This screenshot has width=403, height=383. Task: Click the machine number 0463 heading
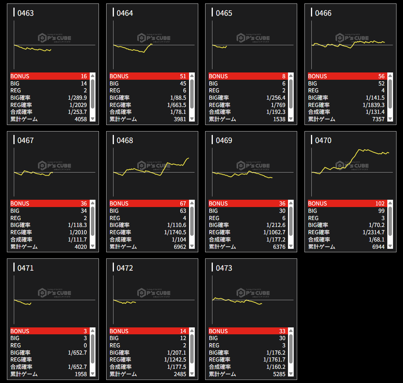coord(26,13)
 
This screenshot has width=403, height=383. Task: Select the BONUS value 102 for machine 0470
coord(380,204)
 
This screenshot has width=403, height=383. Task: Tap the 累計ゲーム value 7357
coord(377,119)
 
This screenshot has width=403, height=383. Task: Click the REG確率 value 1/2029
coord(78,105)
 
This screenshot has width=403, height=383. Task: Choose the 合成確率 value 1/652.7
coord(77,367)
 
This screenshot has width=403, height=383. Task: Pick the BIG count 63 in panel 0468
coord(183,211)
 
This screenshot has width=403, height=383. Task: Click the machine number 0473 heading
coord(224,268)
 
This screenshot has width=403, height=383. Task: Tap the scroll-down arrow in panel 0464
coord(192,119)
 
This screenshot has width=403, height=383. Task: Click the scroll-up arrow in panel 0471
coord(92,331)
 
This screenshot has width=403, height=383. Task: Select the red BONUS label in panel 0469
coord(218,204)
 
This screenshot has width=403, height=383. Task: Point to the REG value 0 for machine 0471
coord(85,345)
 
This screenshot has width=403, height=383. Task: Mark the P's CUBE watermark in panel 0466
coord(352,38)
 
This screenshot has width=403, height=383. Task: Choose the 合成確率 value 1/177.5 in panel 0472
coord(176,367)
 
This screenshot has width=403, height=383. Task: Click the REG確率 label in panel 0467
coord(21,232)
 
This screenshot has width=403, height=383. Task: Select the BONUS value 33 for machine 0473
coord(282,331)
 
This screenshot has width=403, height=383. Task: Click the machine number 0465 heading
coord(224,13)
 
